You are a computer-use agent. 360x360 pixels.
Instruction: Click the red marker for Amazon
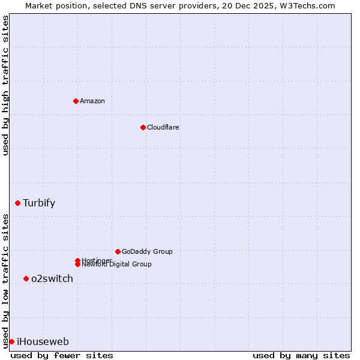tap(76, 101)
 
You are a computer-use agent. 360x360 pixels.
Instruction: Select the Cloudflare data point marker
tap(143, 127)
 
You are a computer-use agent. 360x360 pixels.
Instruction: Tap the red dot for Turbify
tap(17, 203)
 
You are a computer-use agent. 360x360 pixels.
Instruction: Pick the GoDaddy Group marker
tap(118, 251)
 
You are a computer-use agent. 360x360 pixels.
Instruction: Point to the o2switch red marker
tap(26, 278)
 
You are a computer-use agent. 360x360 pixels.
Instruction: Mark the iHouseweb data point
tap(11, 341)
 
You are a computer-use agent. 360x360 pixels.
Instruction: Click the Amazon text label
tap(92, 101)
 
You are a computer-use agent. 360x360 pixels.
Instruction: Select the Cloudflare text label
tap(163, 127)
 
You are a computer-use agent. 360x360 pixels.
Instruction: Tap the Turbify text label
tap(39, 203)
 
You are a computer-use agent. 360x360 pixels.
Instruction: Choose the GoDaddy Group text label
tap(147, 251)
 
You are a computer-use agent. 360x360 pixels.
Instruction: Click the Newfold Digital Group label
tap(117, 265)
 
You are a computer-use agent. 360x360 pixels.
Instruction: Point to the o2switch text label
tap(52, 278)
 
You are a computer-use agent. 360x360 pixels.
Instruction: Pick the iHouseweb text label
tap(43, 342)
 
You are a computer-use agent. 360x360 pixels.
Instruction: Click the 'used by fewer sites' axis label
tap(62, 355)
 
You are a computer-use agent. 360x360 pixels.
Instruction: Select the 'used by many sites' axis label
tap(301, 355)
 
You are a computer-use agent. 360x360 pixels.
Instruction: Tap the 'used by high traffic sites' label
tap(5, 86)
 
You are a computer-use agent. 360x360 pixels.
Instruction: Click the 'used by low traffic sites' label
tap(5, 280)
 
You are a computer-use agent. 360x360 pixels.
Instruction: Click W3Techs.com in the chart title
tap(307, 5)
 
